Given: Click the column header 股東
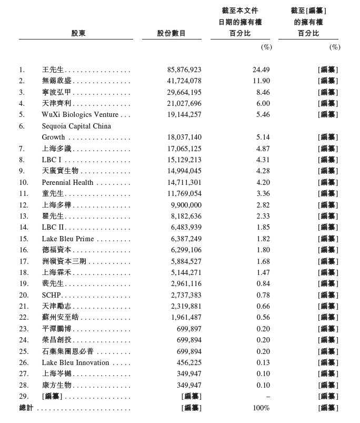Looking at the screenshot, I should pyautogui.click(x=78, y=33).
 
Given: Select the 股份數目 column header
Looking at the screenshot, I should pyautogui.click(x=172, y=33).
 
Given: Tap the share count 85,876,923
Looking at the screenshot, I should pyautogui.click(x=184, y=70).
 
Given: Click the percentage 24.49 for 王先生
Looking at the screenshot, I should pyautogui.click(x=261, y=70).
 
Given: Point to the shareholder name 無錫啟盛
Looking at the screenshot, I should pyautogui.click(x=57, y=81).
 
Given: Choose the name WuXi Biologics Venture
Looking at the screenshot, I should pyautogui.click(x=80, y=114).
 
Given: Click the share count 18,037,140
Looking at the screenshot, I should pyautogui.click(x=184, y=137).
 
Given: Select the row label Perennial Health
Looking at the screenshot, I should pyautogui.click(x=67, y=182).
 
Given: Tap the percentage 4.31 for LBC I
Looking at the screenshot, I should pyautogui.click(x=263, y=160).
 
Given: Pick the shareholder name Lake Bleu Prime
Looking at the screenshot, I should pyautogui.click(x=68, y=239).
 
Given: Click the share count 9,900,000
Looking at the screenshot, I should pyautogui.click(x=186, y=205).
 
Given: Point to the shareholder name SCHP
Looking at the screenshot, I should pyautogui.click(x=52, y=295).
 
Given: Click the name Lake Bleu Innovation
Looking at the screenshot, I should pyautogui.click(x=75, y=362).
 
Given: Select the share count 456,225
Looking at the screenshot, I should pyautogui.click(x=189, y=362).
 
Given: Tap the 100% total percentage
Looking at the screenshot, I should pyautogui.click(x=261, y=408).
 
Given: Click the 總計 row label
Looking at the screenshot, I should pyautogui.click(x=26, y=408).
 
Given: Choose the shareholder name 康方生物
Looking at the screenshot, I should pyautogui.click(x=56, y=385).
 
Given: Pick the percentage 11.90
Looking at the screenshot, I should pyautogui.click(x=261, y=81).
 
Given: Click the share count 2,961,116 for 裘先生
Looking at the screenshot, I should pyautogui.click(x=186, y=283).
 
